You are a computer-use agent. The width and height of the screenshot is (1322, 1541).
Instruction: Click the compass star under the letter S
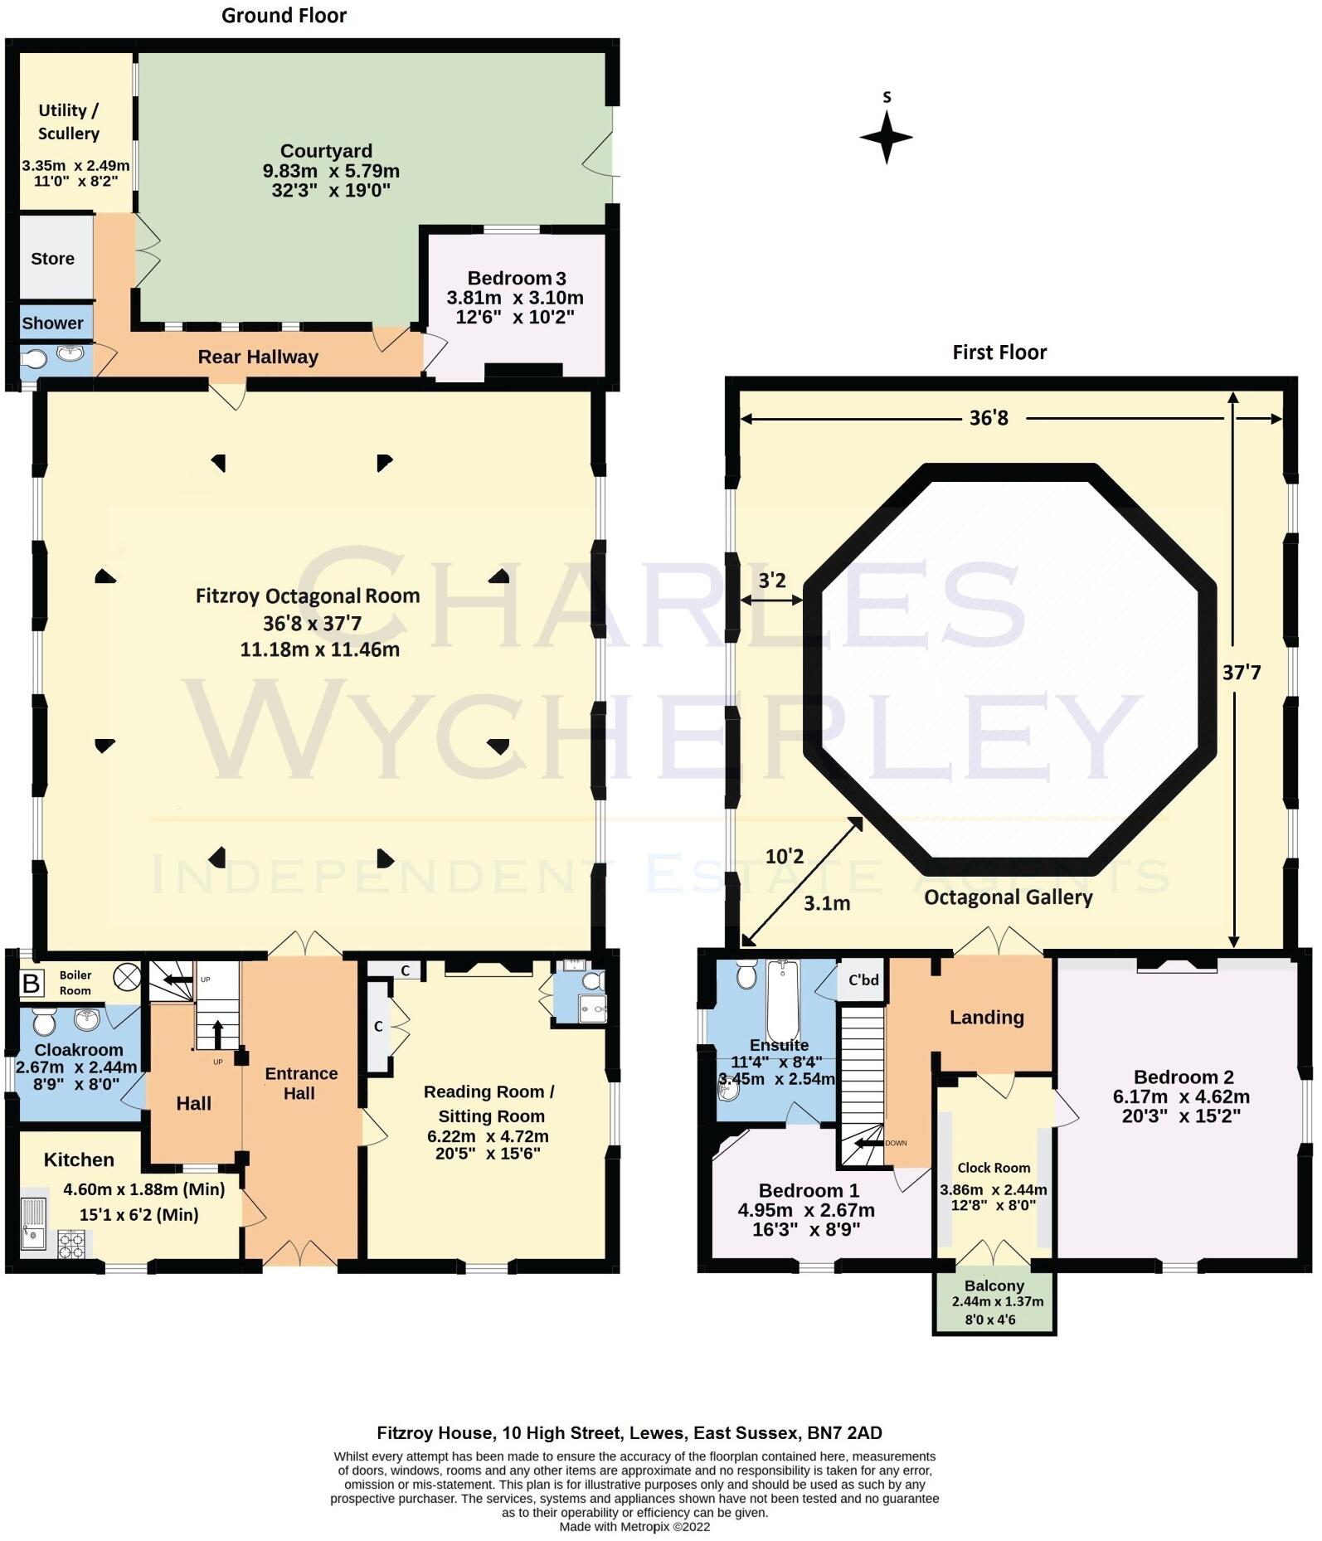tap(886, 137)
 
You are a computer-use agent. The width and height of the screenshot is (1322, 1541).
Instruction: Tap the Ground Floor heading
tap(284, 15)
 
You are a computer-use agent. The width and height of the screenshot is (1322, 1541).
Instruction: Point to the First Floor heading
tap(999, 352)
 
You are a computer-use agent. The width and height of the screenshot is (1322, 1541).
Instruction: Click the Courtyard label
tap(326, 151)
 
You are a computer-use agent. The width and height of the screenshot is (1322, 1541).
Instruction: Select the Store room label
tap(52, 259)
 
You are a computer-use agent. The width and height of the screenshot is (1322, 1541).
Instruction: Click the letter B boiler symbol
tap(32, 984)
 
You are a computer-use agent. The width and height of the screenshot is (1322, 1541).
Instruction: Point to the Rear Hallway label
tap(257, 357)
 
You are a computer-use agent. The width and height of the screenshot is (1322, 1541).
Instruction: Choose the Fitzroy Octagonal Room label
tap(308, 595)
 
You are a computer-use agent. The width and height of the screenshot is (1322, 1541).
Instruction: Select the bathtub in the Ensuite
tap(782, 999)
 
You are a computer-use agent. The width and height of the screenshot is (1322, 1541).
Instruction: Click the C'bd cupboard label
tap(863, 980)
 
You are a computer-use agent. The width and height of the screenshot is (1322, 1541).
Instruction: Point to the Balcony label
tap(994, 1286)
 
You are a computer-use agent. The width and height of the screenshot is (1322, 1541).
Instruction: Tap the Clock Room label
tap(994, 1168)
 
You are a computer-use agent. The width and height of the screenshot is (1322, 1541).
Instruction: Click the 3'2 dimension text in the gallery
tap(771, 581)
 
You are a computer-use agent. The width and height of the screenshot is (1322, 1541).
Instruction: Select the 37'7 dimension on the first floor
tap(1241, 673)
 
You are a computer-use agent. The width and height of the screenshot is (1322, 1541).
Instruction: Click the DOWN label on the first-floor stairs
tap(896, 1143)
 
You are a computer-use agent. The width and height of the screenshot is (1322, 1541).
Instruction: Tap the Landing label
tap(986, 1018)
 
